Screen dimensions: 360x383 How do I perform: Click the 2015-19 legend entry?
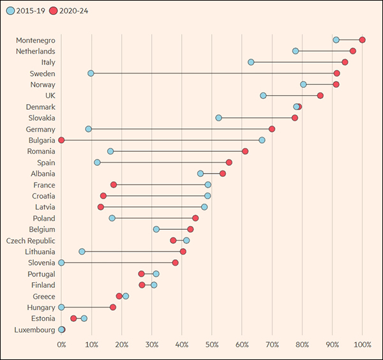point(25,11)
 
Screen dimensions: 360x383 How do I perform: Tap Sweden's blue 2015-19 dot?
point(91,73)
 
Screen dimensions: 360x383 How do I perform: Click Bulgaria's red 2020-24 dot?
point(61,140)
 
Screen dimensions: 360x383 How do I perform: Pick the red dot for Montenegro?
point(362,40)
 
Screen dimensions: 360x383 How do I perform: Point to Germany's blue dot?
point(89,129)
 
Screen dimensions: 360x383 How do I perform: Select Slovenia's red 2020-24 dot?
point(176,262)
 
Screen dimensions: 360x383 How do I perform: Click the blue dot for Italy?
point(251,62)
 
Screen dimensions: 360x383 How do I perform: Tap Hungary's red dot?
point(113,307)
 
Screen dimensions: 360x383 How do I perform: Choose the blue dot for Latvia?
point(204,207)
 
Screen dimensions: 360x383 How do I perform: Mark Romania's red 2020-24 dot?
point(245,151)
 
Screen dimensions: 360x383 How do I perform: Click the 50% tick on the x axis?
point(212,345)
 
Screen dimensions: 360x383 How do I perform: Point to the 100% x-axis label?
point(363,345)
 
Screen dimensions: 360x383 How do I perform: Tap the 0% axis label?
point(61,345)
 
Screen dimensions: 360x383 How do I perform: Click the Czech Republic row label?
point(31,241)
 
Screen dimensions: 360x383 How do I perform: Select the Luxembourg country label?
point(34,329)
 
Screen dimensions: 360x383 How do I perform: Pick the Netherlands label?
point(35,51)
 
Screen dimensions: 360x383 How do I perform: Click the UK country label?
point(49,96)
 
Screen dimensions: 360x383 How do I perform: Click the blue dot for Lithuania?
point(82,251)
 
